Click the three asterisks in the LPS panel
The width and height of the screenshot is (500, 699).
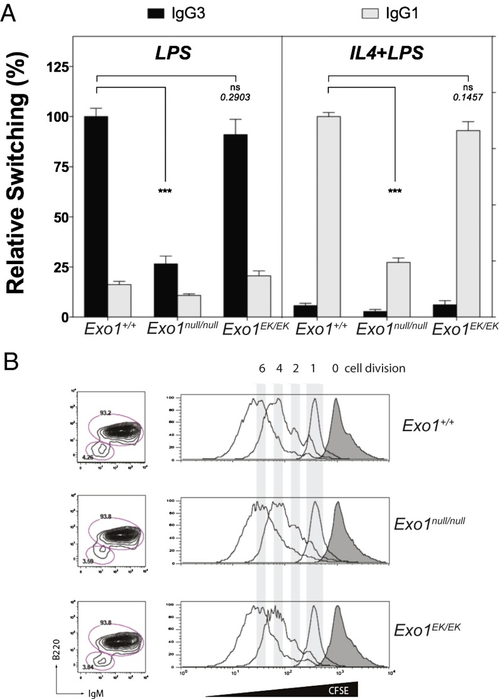(x=165, y=190)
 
